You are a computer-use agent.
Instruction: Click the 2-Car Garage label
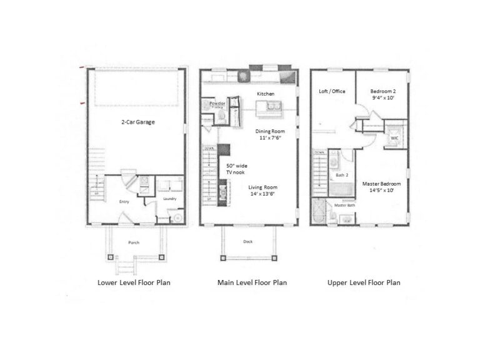coord(137,122)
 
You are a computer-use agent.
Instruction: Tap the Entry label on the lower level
coord(124,201)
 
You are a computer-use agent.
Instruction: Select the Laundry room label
coord(170,199)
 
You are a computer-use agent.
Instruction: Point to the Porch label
coord(134,242)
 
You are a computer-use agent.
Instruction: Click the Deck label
coord(247,241)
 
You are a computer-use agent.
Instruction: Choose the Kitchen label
coord(266,94)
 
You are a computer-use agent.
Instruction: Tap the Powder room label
coord(217,103)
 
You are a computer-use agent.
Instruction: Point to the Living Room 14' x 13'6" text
coord(262,191)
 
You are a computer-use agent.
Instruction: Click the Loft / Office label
coord(332,92)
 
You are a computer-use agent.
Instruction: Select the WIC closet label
coord(394,137)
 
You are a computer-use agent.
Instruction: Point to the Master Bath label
coord(344,205)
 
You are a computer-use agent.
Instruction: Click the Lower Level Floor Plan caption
coord(134,282)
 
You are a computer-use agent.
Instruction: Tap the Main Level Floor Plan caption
coord(252,282)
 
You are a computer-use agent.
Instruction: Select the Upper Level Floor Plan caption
coord(364,282)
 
